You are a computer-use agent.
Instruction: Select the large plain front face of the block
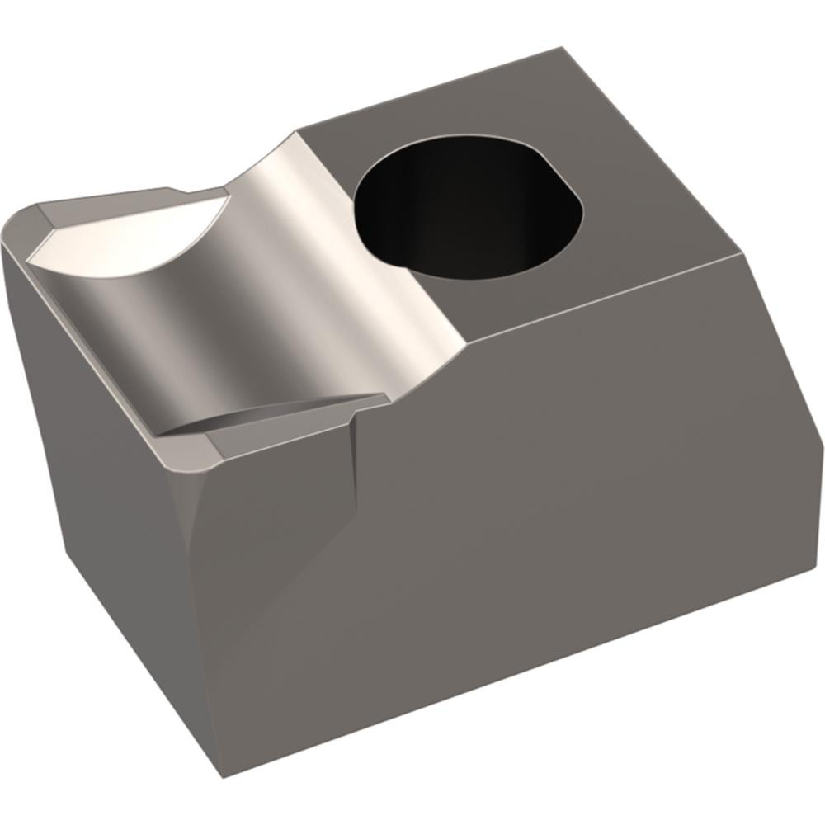(528, 528)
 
